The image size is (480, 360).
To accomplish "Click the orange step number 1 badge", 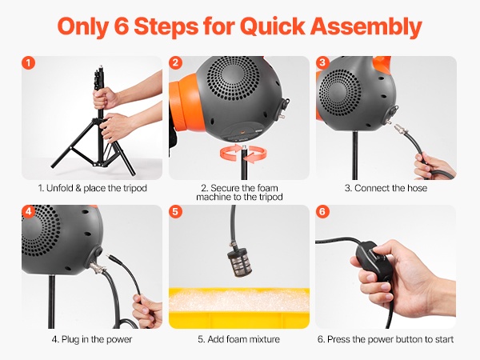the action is (29, 62).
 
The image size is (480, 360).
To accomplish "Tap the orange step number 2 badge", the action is (175, 62).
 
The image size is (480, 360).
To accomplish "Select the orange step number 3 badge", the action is (322, 62).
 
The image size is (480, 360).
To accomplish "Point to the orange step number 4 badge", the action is (29, 211).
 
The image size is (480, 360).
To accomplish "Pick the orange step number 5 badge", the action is (175, 211).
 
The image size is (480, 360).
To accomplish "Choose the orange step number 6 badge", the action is (322, 211).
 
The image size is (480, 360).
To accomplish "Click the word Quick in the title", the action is (273, 26).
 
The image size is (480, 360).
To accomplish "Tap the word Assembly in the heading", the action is (366, 27).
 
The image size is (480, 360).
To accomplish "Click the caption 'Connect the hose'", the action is (390, 188).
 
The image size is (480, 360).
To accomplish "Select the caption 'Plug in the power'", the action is (97, 339).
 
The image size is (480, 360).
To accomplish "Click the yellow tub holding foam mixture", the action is (239, 308).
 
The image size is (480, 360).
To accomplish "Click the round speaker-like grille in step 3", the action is (339, 91).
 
